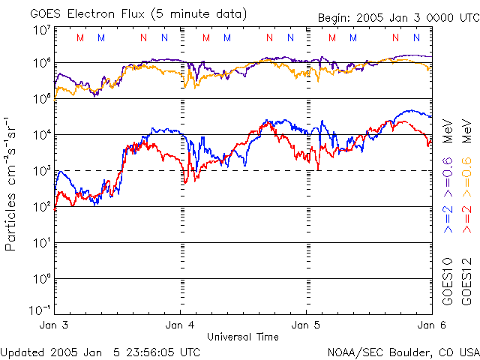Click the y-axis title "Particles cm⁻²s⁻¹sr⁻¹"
pyautogui.click(x=13, y=184)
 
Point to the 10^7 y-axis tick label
pyautogui.click(x=42, y=30)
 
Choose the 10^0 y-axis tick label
pyautogui.click(x=42, y=280)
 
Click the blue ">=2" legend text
pyautogui.click(x=448, y=218)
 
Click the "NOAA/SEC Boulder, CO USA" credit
pyautogui.click(x=403, y=351)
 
